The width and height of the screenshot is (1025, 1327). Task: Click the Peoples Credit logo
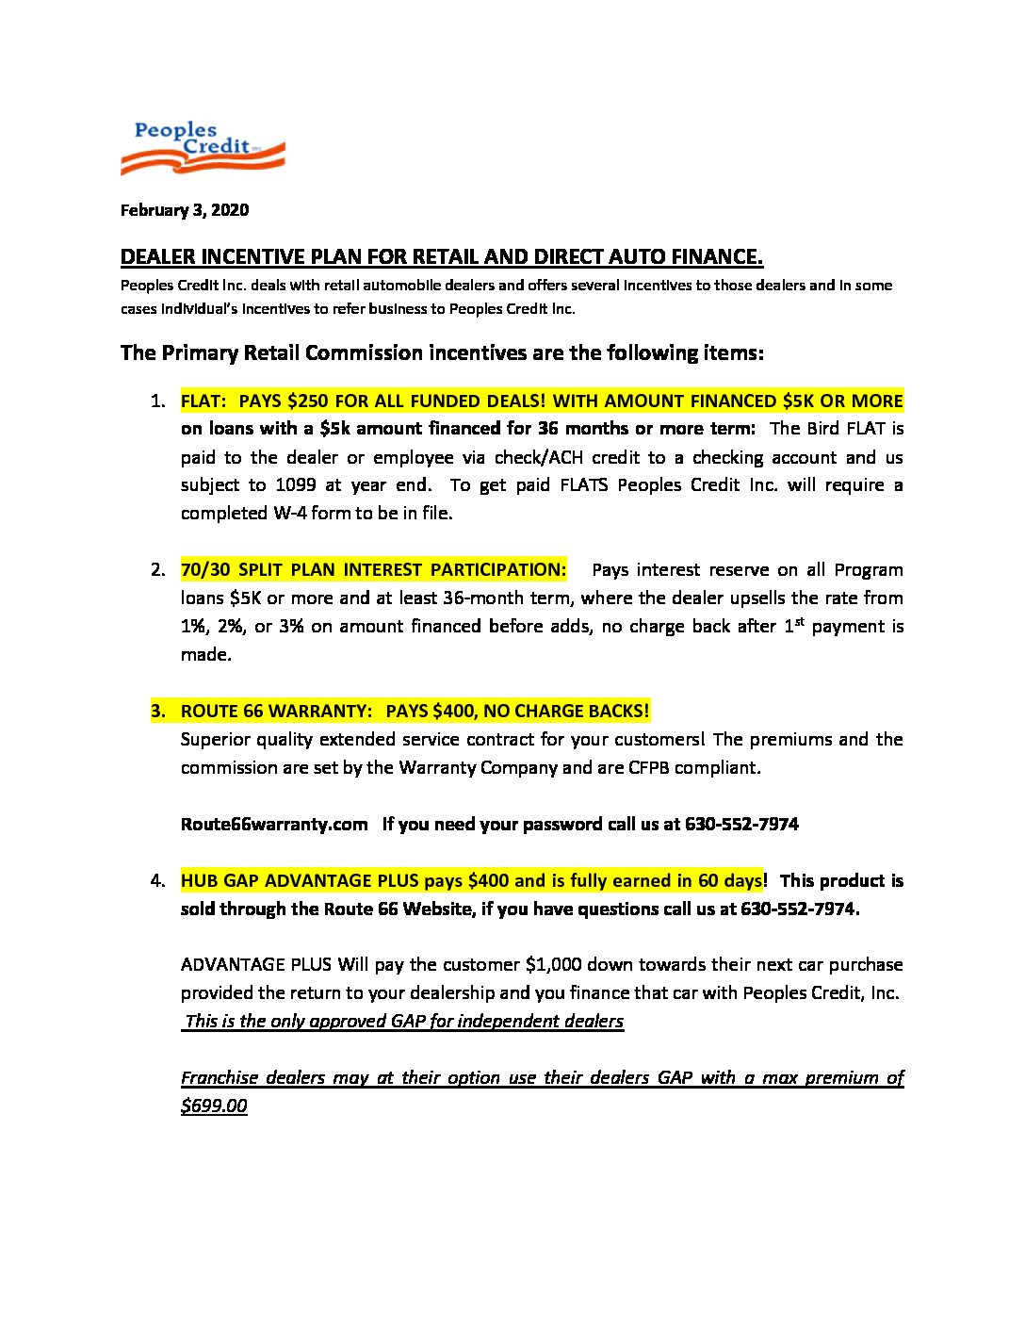point(203,148)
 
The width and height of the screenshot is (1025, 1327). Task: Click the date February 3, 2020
point(185,210)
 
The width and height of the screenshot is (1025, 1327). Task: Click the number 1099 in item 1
point(296,485)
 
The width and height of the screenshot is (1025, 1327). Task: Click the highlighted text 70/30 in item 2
point(205,570)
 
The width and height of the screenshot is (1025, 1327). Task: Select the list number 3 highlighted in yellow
point(157,711)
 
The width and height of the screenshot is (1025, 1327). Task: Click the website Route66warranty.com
point(274,825)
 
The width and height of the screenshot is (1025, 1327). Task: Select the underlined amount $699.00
point(214,1106)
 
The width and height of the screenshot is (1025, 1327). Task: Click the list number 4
point(157,881)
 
